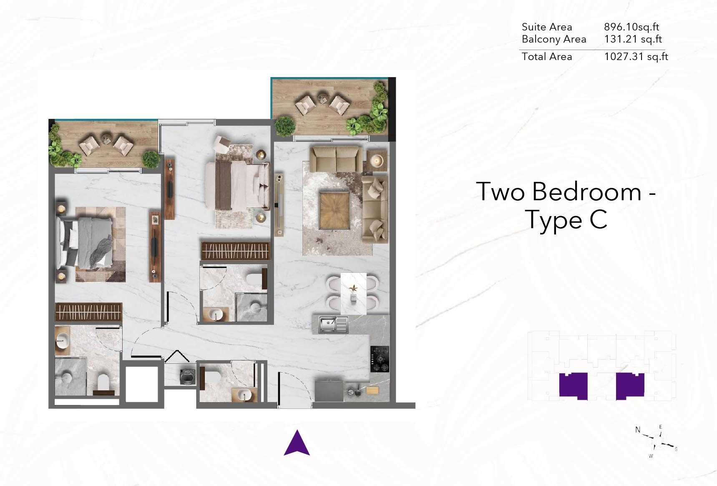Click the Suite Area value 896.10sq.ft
[631, 27]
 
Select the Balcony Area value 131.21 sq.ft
[633, 39]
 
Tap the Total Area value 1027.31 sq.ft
[636, 57]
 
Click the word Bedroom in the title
[586, 192]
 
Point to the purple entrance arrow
[297, 443]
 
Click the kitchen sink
[333, 325]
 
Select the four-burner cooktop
[380, 359]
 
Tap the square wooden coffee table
[334, 210]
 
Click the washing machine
[186, 376]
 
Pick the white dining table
[353, 293]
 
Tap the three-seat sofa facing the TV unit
[374, 209]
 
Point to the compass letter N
[637, 430]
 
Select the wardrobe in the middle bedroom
[236, 251]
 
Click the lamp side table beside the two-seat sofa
[377, 160]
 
